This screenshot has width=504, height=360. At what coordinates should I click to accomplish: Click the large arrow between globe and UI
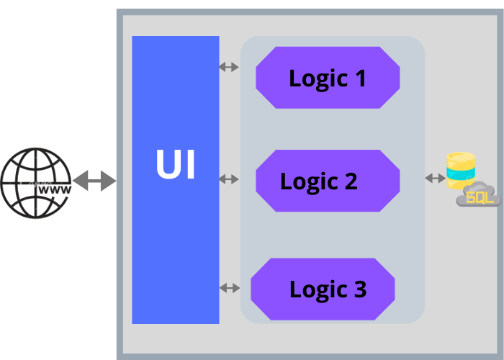(x=94, y=181)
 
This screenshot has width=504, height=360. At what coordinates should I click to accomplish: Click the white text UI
(x=175, y=165)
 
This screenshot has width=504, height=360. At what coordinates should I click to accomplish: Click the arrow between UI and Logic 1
(x=229, y=67)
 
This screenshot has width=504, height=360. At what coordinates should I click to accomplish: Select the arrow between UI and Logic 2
(x=229, y=179)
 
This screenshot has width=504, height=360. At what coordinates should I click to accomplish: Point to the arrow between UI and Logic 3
(x=229, y=288)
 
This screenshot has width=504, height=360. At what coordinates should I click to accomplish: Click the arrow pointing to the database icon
(x=434, y=178)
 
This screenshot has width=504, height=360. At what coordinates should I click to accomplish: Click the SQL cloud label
(x=480, y=197)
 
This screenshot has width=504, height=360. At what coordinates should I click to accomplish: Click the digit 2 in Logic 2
(x=349, y=181)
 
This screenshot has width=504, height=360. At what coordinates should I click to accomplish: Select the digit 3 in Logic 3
(x=358, y=289)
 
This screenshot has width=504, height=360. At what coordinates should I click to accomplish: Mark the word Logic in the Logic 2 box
(x=309, y=182)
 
